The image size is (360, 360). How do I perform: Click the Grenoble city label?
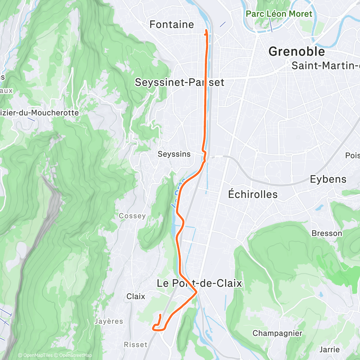point(297,51)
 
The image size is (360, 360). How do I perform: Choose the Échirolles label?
point(253,194)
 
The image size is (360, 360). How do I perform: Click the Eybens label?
point(328,179)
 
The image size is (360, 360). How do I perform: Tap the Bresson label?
point(327,233)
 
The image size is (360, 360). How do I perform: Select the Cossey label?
point(132,216)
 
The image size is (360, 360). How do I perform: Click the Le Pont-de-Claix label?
point(199,283)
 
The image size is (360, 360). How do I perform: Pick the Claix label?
point(136,297)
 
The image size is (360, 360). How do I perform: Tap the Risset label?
point(136,345)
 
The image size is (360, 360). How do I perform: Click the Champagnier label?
point(277,333)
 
